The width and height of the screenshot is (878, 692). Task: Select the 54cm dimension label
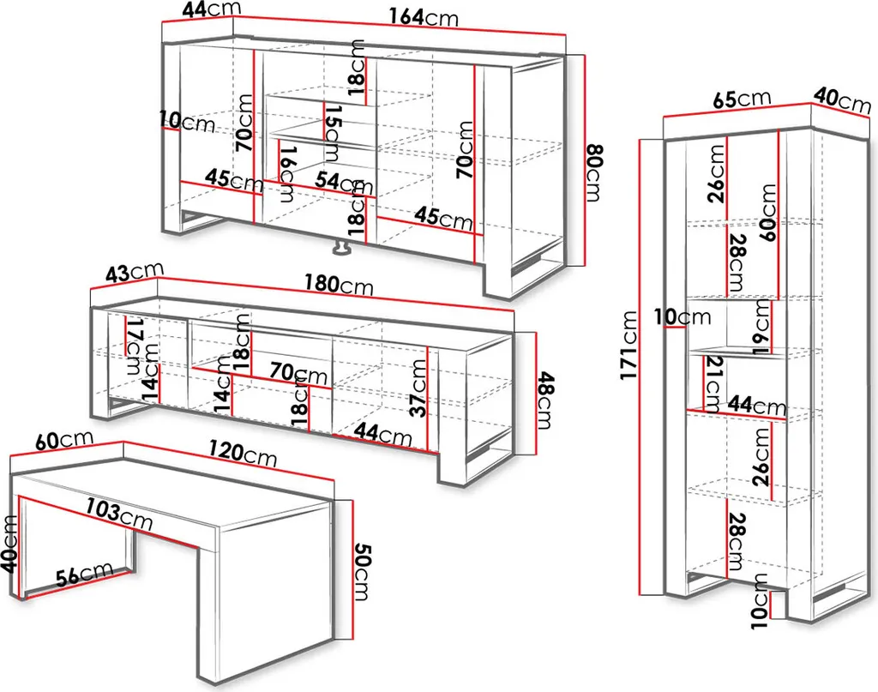pos(338,182)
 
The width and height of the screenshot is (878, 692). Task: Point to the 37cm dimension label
pos(418,387)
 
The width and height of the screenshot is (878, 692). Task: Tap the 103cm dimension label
pos(117,514)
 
